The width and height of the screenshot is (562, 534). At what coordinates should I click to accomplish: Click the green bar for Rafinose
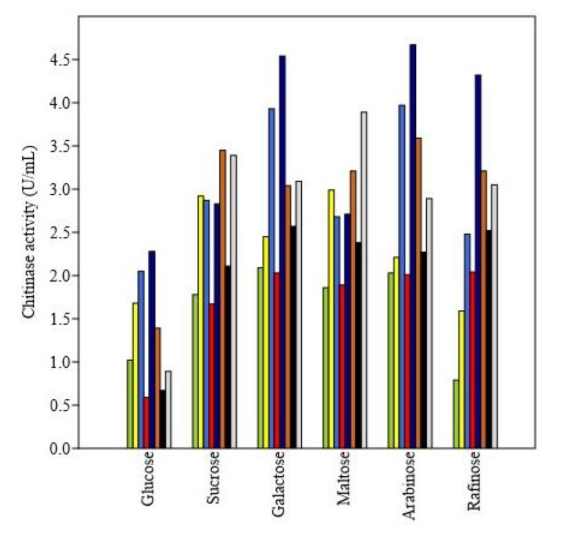coord(456,414)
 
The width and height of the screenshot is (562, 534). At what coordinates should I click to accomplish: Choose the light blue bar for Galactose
coord(271,279)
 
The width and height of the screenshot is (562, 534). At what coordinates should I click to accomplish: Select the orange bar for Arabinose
coord(418,293)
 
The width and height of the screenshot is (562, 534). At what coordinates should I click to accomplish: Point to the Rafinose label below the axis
coord(474,481)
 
